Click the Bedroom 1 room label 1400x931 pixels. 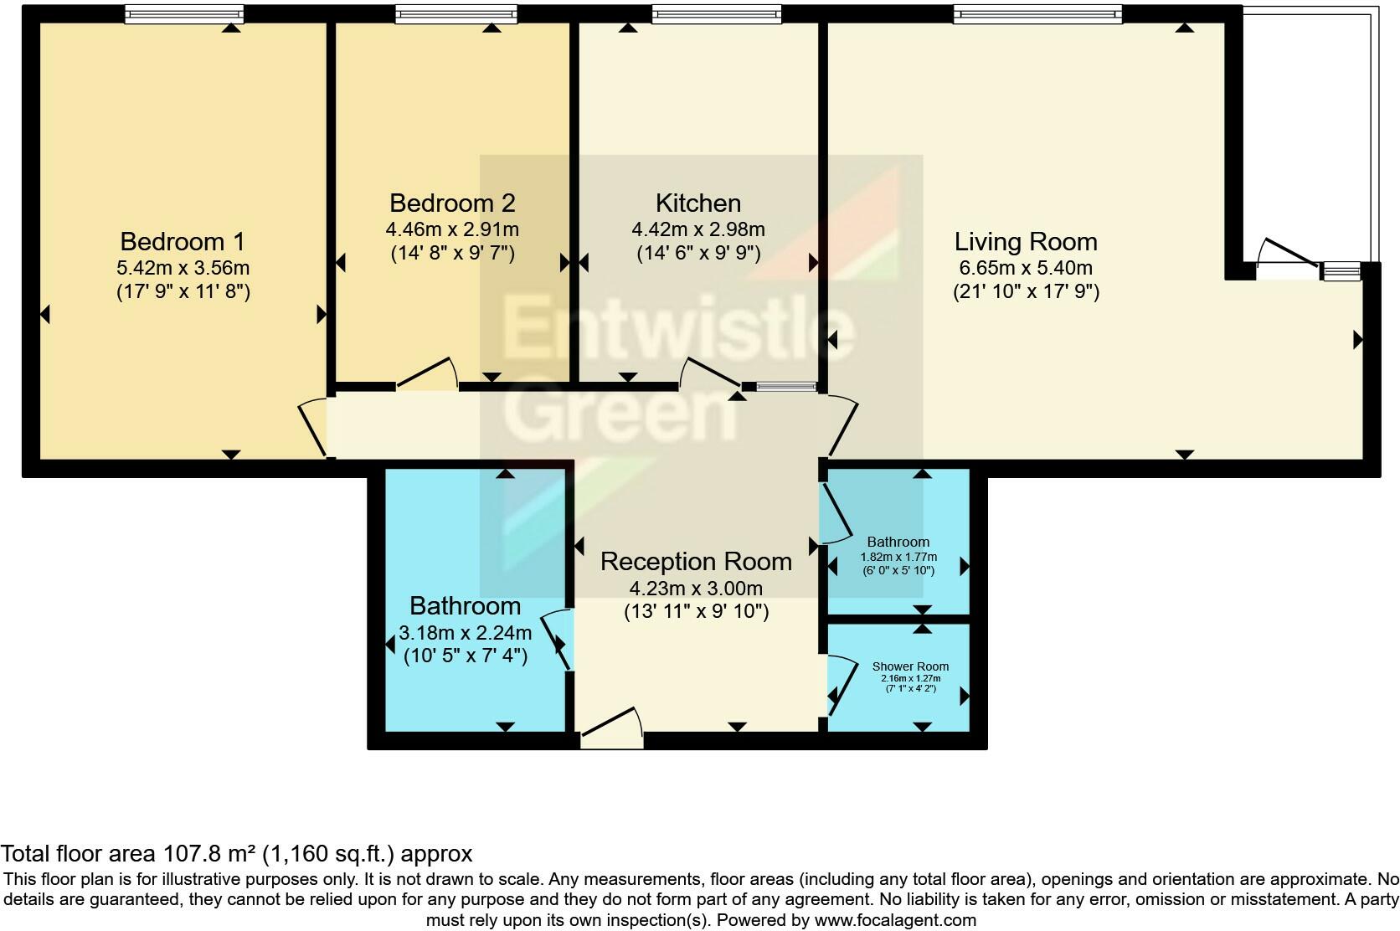pyautogui.click(x=183, y=242)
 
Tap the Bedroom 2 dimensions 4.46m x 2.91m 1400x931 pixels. pyautogui.click(x=451, y=229)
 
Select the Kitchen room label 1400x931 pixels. pyautogui.click(x=697, y=203)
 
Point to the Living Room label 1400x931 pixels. pyautogui.click(x=1025, y=242)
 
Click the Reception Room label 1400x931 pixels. pyautogui.click(x=696, y=562)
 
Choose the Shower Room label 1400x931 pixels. pyautogui.click(x=910, y=666)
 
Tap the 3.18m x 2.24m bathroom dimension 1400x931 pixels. pyautogui.click(x=467, y=632)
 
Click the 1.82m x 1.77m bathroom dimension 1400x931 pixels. pyautogui.click(x=898, y=557)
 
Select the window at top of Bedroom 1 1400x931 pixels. pyautogui.click(x=183, y=14)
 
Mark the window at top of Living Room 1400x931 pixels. pyautogui.click(x=1037, y=14)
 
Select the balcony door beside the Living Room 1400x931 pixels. pyautogui.click(x=1288, y=255)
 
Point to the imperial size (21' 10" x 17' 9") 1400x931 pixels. pyautogui.click(x=1025, y=292)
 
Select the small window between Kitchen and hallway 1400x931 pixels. pyautogui.click(x=785, y=387)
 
